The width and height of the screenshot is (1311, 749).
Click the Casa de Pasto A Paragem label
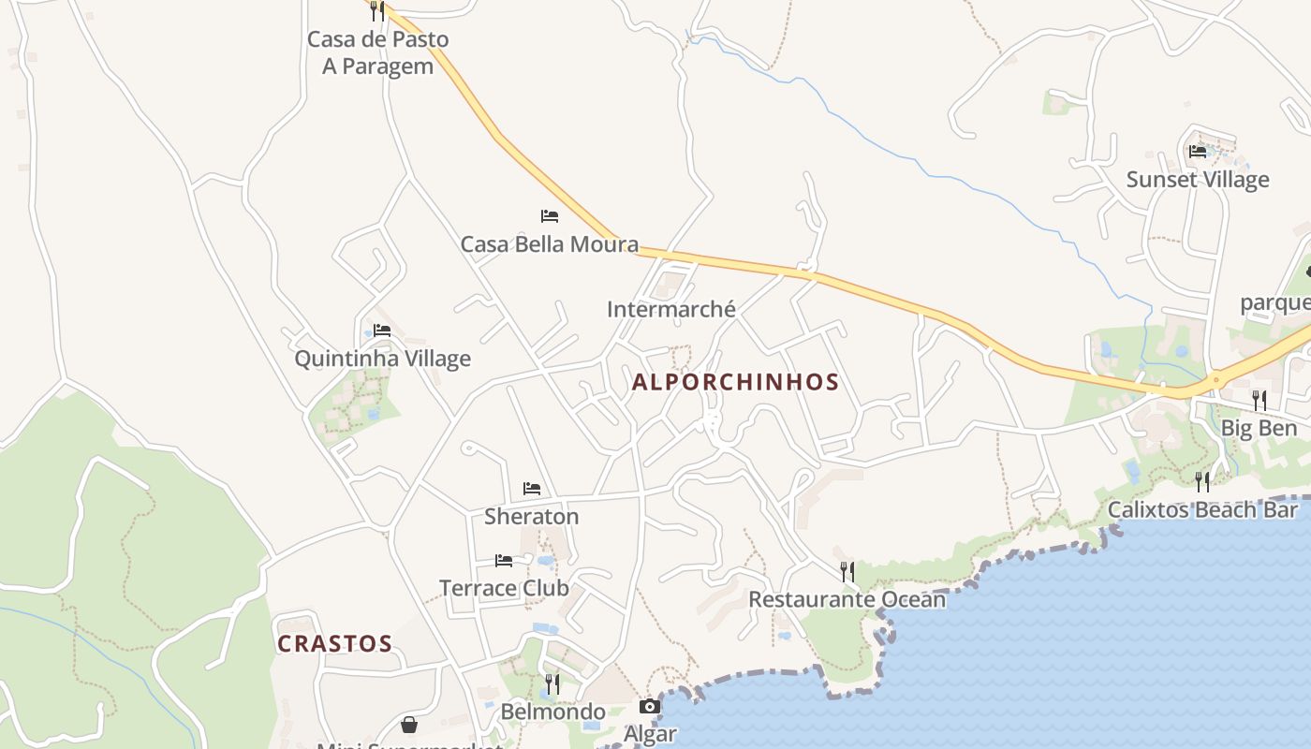(x=378, y=52)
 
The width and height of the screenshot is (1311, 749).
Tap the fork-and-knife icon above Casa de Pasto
(x=376, y=10)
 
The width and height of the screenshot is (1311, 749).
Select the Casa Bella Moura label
(x=549, y=244)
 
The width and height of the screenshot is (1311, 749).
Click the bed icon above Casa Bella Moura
(x=550, y=216)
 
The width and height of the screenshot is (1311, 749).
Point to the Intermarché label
(x=670, y=309)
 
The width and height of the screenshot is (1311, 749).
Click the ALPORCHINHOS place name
(x=735, y=382)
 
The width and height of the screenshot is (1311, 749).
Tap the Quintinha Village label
(x=382, y=359)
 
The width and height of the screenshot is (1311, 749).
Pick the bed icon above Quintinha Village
(x=382, y=330)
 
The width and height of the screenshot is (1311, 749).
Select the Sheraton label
(x=531, y=516)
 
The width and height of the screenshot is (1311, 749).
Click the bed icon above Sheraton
(x=532, y=489)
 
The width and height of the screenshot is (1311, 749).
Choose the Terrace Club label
(x=504, y=588)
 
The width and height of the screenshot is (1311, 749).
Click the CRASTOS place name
(x=334, y=643)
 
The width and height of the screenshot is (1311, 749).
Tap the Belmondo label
(x=552, y=712)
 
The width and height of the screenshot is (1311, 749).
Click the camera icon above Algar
(x=650, y=707)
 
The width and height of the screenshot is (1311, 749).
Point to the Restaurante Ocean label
(x=847, y=599)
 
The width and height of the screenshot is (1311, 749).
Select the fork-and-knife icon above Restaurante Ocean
(x=847, y=571)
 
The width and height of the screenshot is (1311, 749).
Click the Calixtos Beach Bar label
(x=1202, y=510)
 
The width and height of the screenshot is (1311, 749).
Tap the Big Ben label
(x=1259, y=428)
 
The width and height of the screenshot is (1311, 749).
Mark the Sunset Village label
(x=1198, y=180)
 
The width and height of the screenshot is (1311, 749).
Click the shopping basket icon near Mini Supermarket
(x=409, y=725)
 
